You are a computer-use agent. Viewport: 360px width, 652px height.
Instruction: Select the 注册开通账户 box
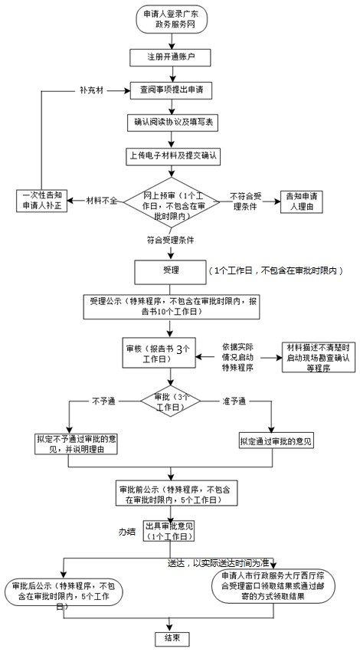pyautogui.click(x=170, y=57)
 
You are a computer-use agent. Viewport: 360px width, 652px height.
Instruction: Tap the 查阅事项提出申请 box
pyautogui.click(x=171, y=90)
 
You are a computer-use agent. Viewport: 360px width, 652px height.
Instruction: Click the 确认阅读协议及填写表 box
pyautogui.click(x=171, y=123)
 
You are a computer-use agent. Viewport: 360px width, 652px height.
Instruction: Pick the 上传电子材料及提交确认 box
pyautogui.click(x=171, y=156)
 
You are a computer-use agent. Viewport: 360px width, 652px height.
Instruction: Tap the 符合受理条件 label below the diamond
pyautogui.click(x=170, y=240)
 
